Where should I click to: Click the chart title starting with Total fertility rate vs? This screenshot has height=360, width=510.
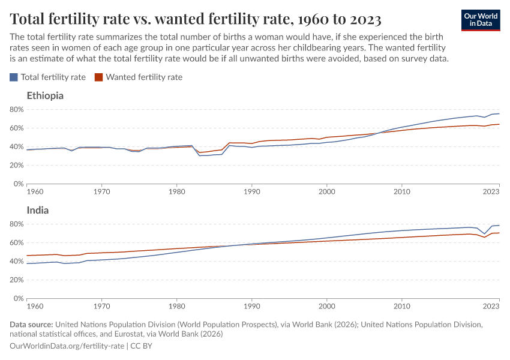[x=196, y=19]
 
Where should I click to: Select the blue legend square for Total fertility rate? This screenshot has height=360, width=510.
[x=14, y=77]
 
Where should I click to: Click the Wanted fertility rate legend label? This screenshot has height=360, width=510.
[x=144, y=77]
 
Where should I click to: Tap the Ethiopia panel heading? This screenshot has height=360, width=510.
[x=45, y=95]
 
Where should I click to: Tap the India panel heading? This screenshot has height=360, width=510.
[x=38, y=210]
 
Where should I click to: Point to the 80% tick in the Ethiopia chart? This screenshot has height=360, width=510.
[x=16, y=110]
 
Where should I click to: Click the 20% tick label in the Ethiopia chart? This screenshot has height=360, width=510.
[x=16, y=166]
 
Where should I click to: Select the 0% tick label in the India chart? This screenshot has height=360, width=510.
[x=19, y=299]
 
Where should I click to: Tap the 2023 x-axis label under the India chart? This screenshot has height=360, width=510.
[x=491, y=307]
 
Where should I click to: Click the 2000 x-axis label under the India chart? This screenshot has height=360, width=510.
[x=326, y=307]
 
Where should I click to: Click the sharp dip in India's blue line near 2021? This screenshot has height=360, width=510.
[x=484, y=234]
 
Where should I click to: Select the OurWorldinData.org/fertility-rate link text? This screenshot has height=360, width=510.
[x=67, y=346]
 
